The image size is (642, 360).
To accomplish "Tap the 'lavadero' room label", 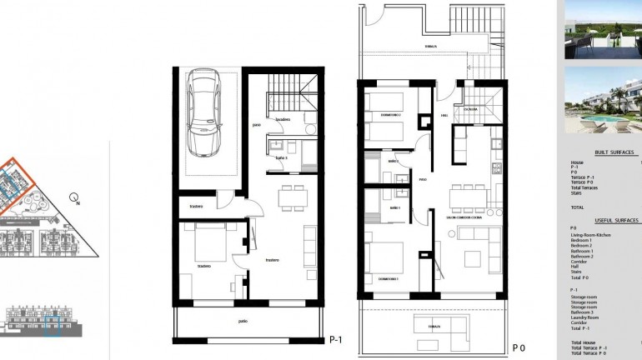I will click(x=283, y=120).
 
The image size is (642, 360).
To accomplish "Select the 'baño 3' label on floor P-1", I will click(x=281, y=157).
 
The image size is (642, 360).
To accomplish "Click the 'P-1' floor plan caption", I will click(x=337, y=339).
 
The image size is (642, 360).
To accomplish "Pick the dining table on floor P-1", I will click(x=293, y=197).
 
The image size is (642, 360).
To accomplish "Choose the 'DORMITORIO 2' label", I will click(x=391, y=113).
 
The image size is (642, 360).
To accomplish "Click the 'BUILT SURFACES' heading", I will click(x=614, y=152).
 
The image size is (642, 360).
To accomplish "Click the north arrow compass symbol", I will click(x=75, y=200).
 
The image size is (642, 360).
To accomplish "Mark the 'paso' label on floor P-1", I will click(x=257, y=126).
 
